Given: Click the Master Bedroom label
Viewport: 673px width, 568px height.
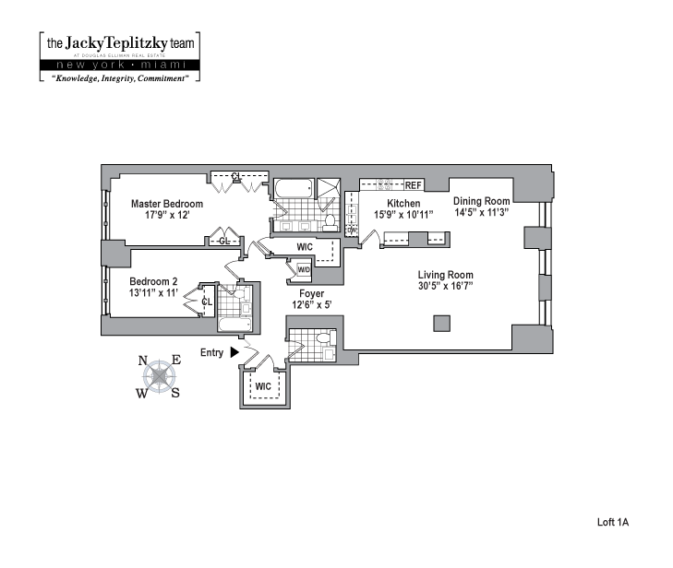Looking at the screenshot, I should click(x=166, y=204).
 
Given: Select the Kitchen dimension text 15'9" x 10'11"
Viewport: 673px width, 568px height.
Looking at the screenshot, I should click(x=403, y=215).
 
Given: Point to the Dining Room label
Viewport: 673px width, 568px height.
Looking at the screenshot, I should click(x=481, y=201).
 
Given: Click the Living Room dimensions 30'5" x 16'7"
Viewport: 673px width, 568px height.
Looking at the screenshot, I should click(x=445, y=286).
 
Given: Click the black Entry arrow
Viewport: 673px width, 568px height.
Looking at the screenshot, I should click(x=234, y=352).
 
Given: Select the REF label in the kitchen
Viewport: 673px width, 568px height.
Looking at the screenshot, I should click(x=413, y=185).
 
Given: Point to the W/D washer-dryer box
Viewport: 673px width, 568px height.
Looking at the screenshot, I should click(x=304, y=269).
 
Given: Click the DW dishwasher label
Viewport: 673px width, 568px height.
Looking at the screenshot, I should click(x=351, y=231).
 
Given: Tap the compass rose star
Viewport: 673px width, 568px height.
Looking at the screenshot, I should click(x=161, y=375).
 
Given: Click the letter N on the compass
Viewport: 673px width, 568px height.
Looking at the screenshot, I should click(x=143, y=361).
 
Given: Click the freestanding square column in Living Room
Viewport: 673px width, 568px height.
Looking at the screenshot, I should click(x=442, y=323).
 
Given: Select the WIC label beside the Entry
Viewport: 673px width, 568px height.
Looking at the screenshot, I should click(x=263, y=385).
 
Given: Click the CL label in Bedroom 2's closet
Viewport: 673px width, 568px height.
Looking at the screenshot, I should click(x=207, y=301).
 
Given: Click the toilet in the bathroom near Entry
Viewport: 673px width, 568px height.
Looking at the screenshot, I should click(x=323, y=340).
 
